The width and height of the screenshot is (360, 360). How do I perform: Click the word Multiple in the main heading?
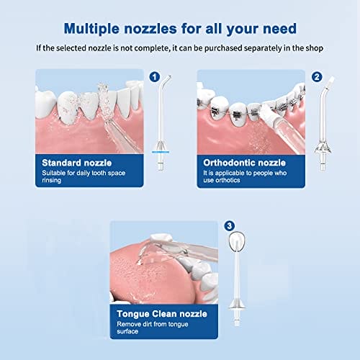[91, 29]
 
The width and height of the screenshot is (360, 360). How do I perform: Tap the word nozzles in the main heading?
[150, 29]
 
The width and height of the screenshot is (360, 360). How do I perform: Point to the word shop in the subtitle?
[314, 48]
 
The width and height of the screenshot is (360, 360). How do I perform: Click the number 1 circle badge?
[155, 77]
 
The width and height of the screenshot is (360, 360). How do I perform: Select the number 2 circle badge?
[317, 77]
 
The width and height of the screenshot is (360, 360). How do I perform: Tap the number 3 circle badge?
[230, 226]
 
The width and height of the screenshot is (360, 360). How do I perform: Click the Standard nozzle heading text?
[77, 163]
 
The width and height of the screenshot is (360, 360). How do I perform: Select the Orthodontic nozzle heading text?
[244, 163]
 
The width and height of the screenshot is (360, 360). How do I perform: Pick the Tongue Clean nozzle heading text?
[162, 314]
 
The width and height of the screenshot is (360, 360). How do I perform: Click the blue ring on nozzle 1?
[161, 152]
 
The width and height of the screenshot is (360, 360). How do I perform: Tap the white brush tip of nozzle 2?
[330, 81]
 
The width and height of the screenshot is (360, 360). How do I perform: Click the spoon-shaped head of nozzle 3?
[237, 242]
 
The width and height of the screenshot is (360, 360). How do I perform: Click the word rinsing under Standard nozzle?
[51, 181]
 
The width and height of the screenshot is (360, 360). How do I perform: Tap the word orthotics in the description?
[228, 180]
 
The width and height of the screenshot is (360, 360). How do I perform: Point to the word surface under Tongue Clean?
[127, 331]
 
